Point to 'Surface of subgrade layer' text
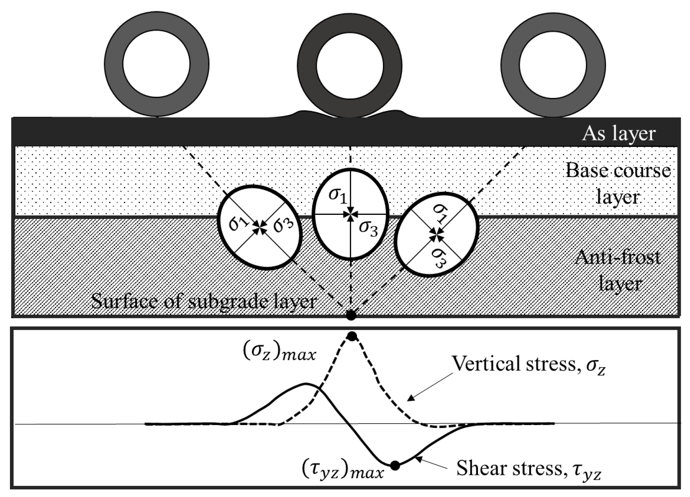coord(204,301)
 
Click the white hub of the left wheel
coord(156,64)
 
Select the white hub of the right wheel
coord(553,65)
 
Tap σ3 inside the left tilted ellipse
coord(283,225)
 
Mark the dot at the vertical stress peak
coord(352,337)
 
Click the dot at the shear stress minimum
coord(395,465)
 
